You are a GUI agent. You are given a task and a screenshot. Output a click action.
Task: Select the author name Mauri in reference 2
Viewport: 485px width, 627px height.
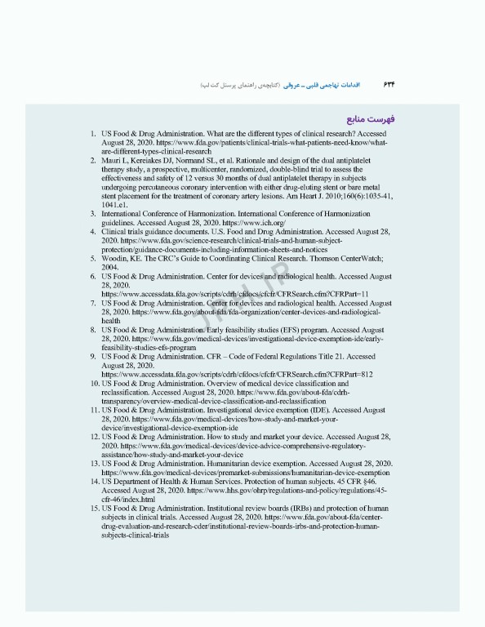[113, 162]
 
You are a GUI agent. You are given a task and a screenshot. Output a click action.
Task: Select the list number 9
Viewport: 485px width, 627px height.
[94, 357]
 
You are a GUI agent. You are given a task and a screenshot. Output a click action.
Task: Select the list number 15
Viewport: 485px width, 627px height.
[93, 508]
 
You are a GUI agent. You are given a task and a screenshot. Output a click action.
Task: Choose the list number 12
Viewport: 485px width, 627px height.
[93, 437]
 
